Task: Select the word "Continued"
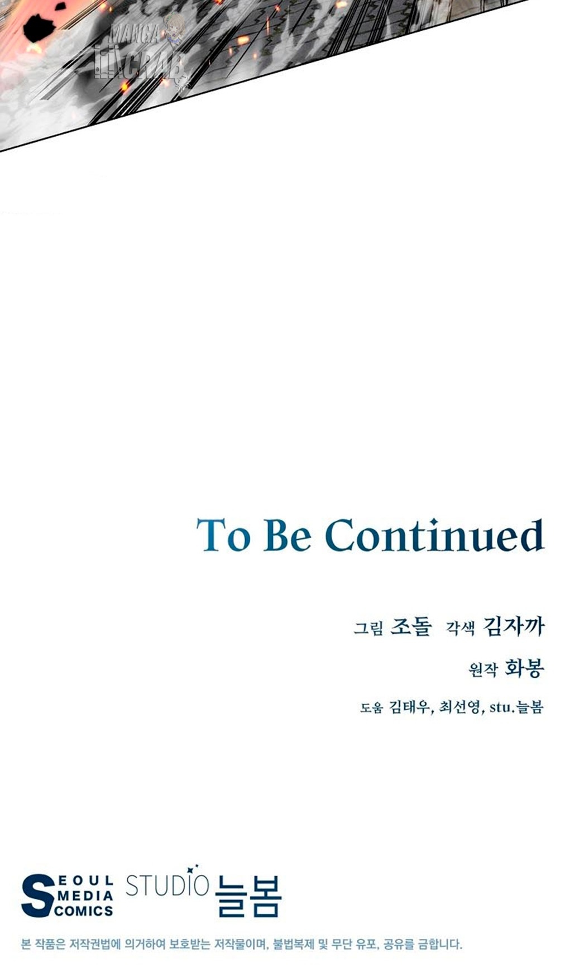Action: [434, 535]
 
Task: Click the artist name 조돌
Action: [411, 626]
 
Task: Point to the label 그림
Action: [368, 628]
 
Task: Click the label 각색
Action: [460, 628]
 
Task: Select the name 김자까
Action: [513, 626]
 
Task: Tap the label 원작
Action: [483, 669]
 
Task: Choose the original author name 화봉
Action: [524, 668]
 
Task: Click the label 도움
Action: [372, 708]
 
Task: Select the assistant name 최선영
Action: [461, 707]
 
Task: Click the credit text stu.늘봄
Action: [516, 707]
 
